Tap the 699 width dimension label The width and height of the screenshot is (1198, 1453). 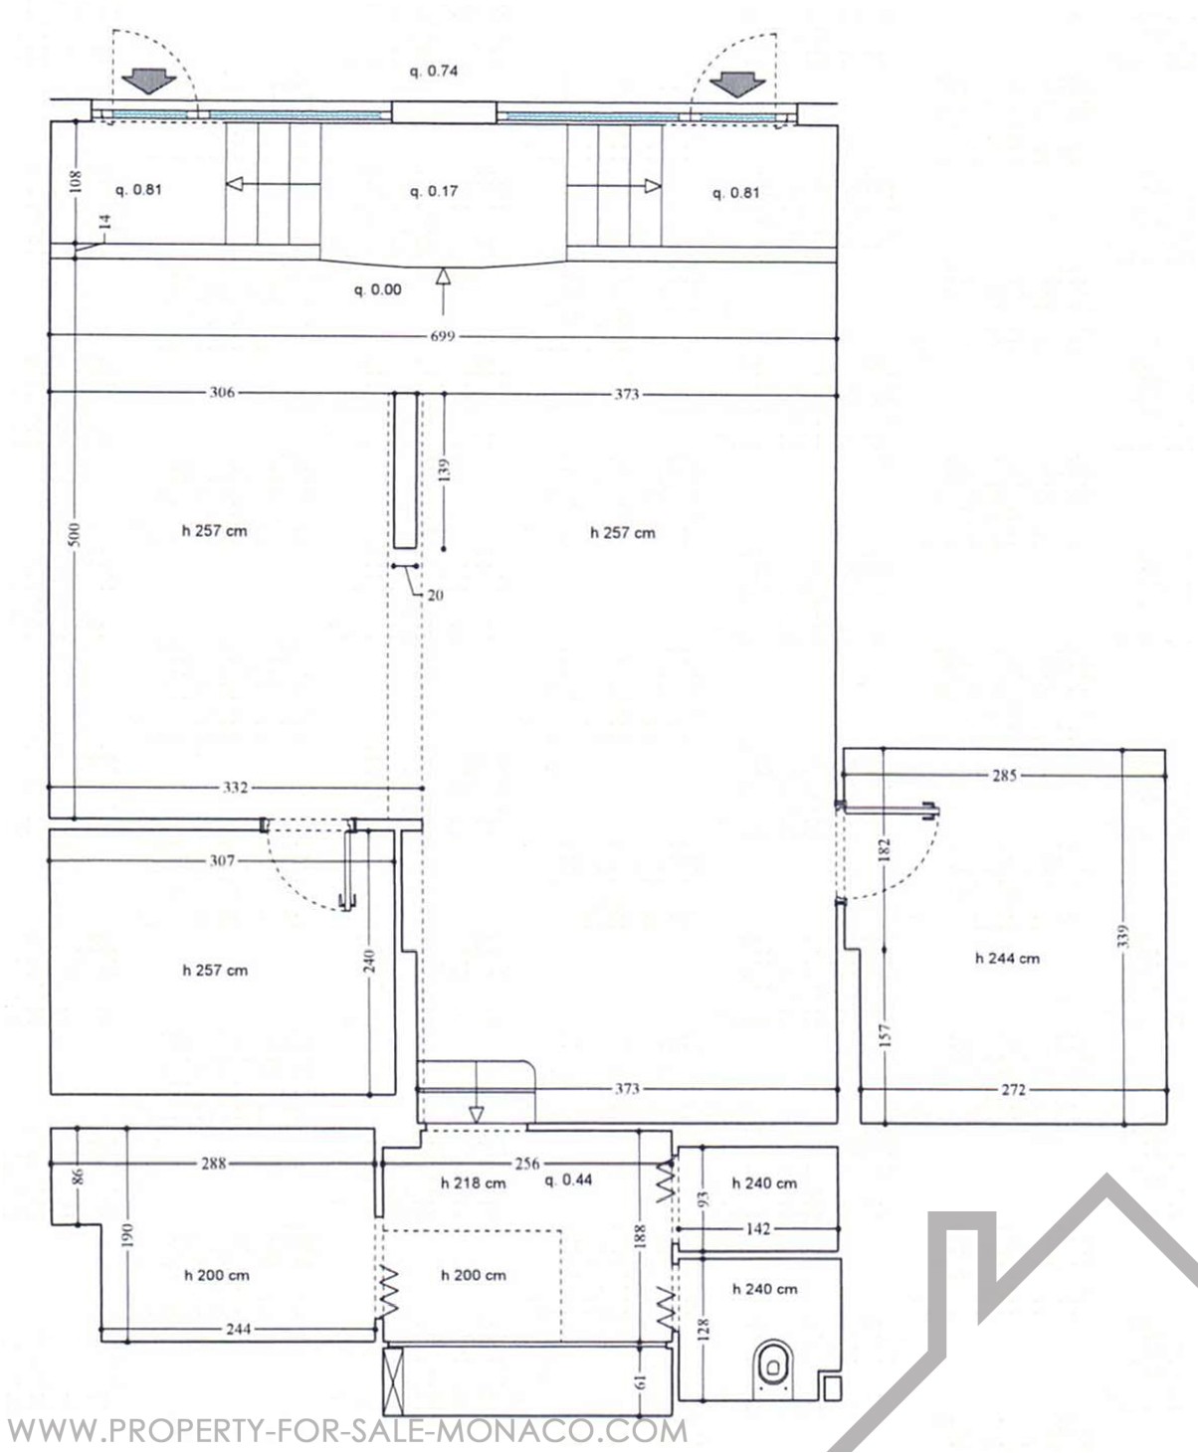[x=443, y=336]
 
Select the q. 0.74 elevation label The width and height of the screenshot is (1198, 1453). [x=433, y=71]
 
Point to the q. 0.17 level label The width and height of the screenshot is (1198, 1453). [x=434, y=191]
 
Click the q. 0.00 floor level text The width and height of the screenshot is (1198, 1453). [x=378, y=289]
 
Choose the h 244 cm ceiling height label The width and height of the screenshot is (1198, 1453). [x=1007, y=959]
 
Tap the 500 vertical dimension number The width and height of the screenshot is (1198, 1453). [x=76, y=534]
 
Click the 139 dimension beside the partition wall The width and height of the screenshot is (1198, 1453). [x=445, y=469]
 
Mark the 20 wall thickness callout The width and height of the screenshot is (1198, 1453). [x=435, y=595]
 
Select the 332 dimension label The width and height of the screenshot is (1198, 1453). [x=235, y=787]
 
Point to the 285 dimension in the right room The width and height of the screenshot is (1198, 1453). [x=1005, y=775]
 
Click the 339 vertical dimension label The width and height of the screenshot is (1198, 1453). [x=1125, y=935]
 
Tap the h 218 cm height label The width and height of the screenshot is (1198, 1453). [x=474, y=1183]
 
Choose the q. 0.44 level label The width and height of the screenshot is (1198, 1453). [x=569, y=1180]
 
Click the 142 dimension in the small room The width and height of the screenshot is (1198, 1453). [x=758, y=1229]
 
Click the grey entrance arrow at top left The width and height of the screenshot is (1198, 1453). [x=149, y=82]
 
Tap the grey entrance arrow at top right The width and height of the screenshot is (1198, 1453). [x=738, y=83]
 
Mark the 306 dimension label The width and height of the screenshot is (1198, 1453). [x=222, y=392]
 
